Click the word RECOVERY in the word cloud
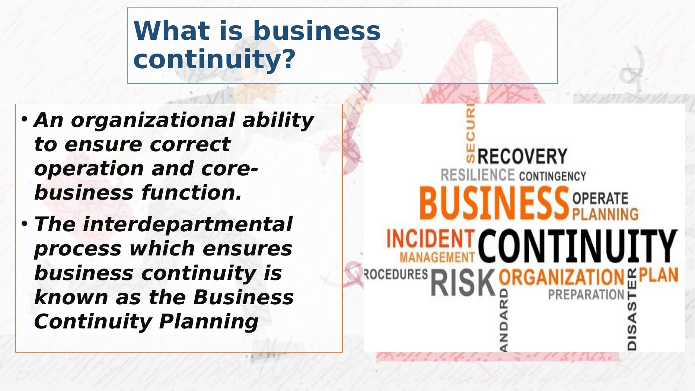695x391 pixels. pyautogui.click(x=522, y=156)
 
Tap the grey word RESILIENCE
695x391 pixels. pyautogui.click(x=478, y=175)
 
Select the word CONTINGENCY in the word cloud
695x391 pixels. pyautogui.click(x=552, y=176)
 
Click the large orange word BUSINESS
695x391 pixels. pyautogui.click(x=494, y=204)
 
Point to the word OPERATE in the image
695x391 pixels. pyautogui.click(x=600, y=198)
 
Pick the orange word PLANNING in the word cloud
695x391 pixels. pyautogui.click(x=605, y=214)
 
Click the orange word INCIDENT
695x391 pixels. pyautogui.click(x=431, y=239)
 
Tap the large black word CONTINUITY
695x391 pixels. pyautogui.click(x=577, y=246)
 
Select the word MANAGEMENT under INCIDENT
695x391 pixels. pyautogui.click(x=437, y=257)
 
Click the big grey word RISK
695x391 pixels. pyautogui.click(x=463, y=283)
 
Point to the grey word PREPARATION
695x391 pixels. pyautogui.click(x=586, y=295)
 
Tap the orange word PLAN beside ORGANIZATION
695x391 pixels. pyautogui.click(x=659, y=276)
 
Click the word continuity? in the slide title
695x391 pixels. pyautogui.click(x=214, y=59)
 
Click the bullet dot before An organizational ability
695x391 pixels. pyautogui.click(x=25, y=120)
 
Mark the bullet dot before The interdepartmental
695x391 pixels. pyautogui.click(x=25, y=224)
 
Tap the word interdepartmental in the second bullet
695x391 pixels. pyautogui.click(x=188, y=224)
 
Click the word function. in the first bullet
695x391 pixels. pyautogui.click(x=191, y=193)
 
